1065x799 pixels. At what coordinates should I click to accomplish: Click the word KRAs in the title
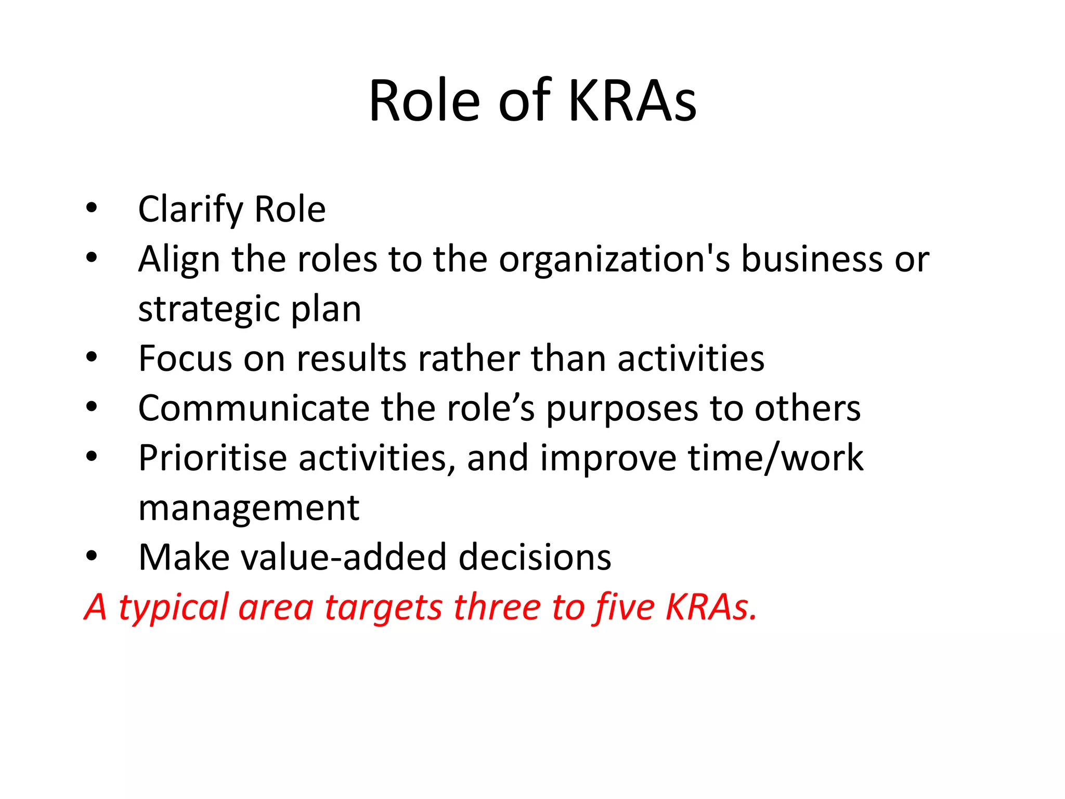(x=632, y=100)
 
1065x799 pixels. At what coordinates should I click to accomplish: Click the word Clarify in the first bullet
(x=190, y=210)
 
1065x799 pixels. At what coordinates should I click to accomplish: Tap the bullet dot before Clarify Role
(x=92, y=208)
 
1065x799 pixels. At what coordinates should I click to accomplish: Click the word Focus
(x=185, y=358)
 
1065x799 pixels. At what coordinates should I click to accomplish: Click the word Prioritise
(x=212, y=458)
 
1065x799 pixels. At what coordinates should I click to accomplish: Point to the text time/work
(x=775, y=458)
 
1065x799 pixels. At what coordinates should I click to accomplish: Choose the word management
(x=249, y=508)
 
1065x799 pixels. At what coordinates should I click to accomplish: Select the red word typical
(x=173, y=608)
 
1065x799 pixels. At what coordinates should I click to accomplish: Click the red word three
(x=497, y=607)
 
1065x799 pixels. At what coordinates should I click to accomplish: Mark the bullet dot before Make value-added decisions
(x=92, y=556)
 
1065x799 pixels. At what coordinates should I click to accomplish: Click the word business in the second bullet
(x=812, y=259)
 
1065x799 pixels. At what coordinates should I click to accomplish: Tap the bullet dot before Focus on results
(x=92, y=357)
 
